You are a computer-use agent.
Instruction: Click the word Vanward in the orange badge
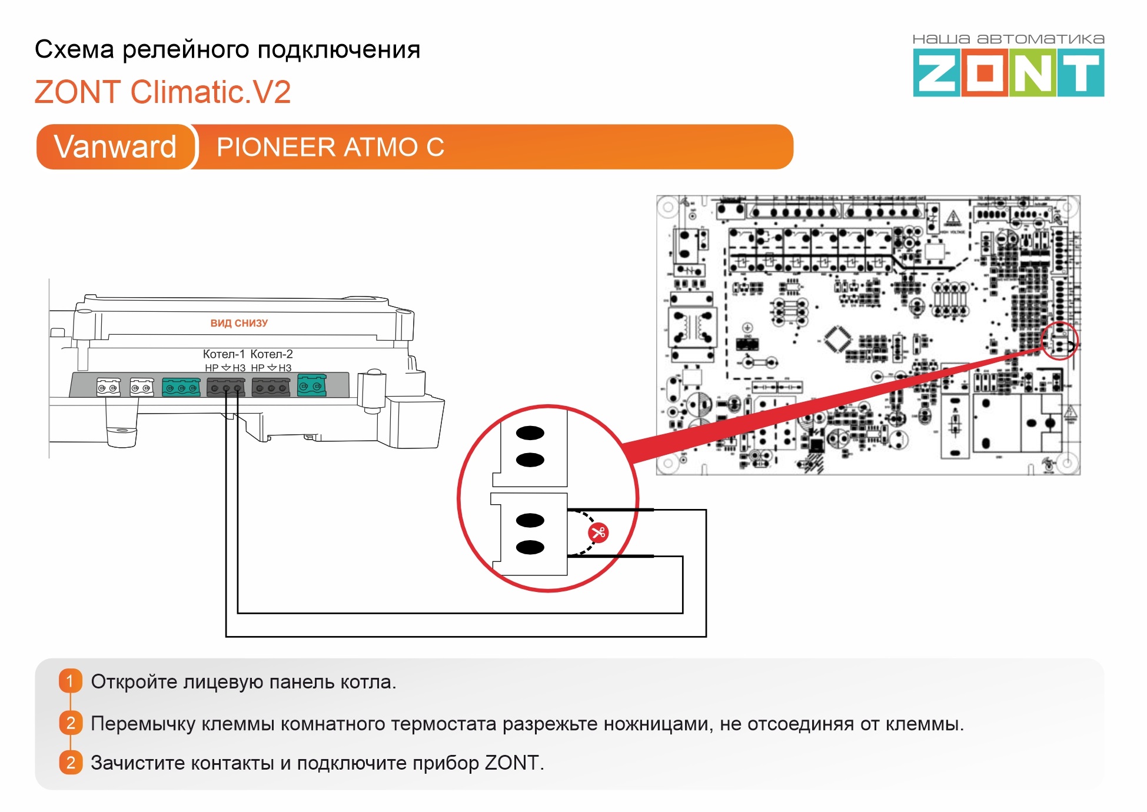click(x=115, y=147)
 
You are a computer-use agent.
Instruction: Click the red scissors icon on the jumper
click(x=598, y=533)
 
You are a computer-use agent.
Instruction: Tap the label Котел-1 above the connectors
click(x=224, y=354)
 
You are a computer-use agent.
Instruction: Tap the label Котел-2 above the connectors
click(x=271, y=354)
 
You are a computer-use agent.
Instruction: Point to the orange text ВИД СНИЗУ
click(x=239, y=323)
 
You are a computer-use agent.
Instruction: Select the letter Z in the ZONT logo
click(x=936, y=73)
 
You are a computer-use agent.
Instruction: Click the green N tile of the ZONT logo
click(x=1033, y=73)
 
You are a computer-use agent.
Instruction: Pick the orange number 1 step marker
click(x=70, y=681)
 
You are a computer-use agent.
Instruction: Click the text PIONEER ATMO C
click(x=330, y=147)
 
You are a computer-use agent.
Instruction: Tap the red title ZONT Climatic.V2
click(x=163, y=92)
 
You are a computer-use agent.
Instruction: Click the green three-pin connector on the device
click(x=181, y=387)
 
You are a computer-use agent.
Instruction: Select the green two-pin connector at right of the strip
click(x=311, y=385)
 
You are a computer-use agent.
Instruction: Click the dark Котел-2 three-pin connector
click(x=271, y=387)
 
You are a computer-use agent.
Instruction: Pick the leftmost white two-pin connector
click(x=108, y=387)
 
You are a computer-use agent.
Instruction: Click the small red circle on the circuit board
click(x=1059, y=341)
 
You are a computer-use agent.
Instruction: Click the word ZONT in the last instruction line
click(x=511, y=763)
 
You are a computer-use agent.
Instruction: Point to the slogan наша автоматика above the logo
click(x=1008, y=39)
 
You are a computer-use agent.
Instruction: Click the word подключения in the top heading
click(x=339, y=50)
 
